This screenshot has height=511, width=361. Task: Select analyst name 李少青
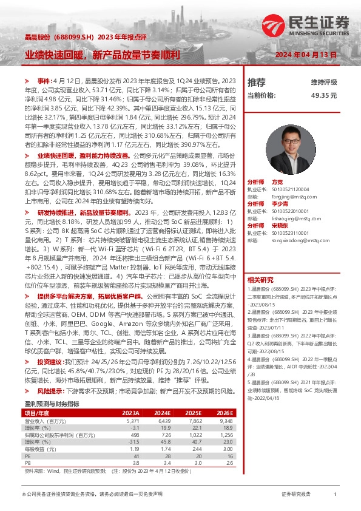pyautogui.click(x=280, y=204)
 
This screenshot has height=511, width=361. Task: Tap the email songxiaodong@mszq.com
pyautogui.click(x=295, y=240)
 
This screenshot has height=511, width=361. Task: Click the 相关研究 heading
pyautogui.click(x=261, y=263)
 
